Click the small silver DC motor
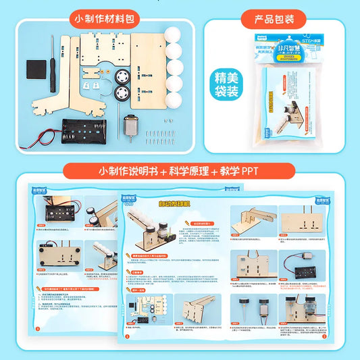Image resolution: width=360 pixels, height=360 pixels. point(132,127)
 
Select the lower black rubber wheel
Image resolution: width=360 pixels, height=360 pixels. point(123,93)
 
